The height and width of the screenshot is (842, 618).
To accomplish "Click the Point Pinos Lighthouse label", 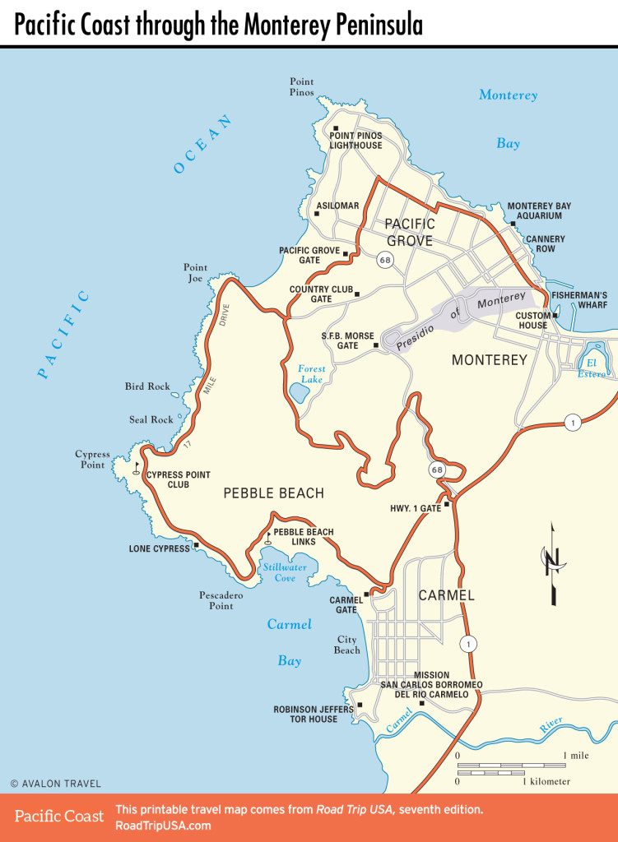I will pyautogui.click(x=356, y=140).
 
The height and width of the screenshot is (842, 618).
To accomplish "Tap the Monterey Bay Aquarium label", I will pyautogui.click(x=539, y=211).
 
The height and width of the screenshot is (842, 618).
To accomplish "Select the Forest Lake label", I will pyautogui.click(x=312, y=374).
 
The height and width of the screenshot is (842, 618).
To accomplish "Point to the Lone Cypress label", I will pyautogui.click(x=160, y=548).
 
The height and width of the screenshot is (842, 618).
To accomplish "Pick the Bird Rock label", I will pyautogui.click(x=147, y=386).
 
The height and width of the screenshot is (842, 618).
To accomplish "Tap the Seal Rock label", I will pyautogui.click(x=151, y=420).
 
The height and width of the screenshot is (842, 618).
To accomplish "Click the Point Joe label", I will pyautogui.click(x=195, y=273).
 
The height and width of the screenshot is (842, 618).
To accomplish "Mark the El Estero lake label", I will pyautogui.click(x=591, y=368).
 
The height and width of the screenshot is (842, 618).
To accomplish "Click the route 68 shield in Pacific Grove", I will pyautogui.click(x=384, y=260).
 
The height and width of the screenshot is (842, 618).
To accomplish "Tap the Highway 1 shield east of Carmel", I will pyautogui.click(x=468, y=644).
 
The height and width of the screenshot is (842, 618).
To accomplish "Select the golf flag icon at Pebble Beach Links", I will pyautogui.click(x=269, y=540).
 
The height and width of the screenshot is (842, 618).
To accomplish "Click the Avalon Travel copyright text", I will pyautogui.click(x=55, y=784).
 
